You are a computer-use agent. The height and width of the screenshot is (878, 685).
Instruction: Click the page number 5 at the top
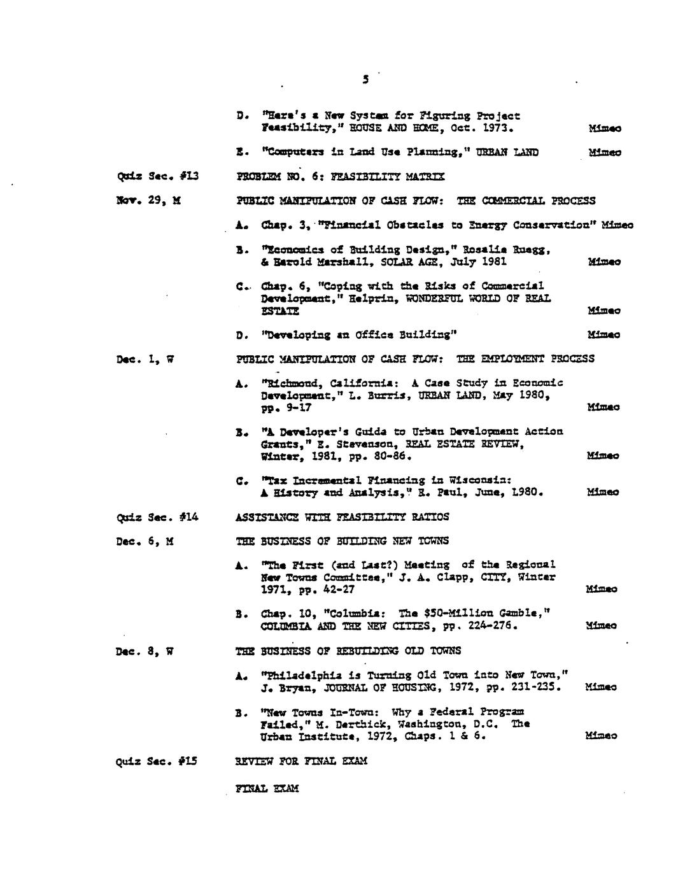(365, 80)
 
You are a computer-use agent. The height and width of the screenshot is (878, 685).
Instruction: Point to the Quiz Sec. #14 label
(157, 517)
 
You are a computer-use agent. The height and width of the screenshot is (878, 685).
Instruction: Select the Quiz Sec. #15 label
(156, 761)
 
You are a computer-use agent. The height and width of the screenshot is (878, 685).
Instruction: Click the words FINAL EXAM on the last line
(267, 788)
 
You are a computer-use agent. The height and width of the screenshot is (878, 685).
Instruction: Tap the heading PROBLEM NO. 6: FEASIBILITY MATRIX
(340, 176)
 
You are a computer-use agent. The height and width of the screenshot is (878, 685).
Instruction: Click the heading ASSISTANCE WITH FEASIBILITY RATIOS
(342, 517)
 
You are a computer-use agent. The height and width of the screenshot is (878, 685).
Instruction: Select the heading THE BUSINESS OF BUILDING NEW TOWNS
(342, 541)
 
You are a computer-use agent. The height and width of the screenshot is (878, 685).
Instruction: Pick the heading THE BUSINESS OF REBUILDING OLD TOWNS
(348, 651)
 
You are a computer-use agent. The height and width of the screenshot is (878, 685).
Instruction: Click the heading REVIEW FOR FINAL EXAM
(300, 761)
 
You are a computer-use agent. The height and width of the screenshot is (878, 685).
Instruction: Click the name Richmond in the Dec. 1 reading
(288, 383)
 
